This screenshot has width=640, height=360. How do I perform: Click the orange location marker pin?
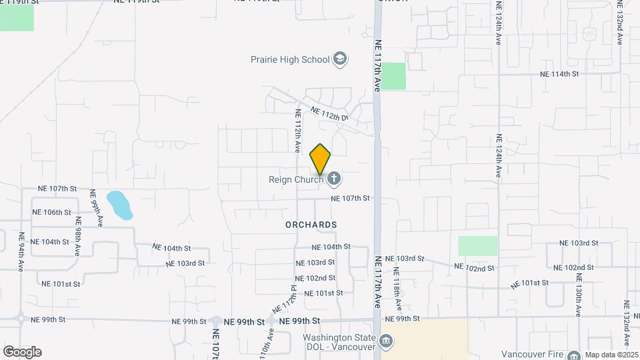321,159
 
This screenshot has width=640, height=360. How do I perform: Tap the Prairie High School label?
290,59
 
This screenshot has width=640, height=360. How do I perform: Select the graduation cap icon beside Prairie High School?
340,59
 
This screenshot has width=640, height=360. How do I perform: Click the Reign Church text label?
296,179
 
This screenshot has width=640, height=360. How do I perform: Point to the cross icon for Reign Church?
334,178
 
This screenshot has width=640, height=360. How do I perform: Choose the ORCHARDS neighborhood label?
311,225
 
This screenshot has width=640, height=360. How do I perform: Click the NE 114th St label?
559,73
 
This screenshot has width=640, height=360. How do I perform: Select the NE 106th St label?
51,212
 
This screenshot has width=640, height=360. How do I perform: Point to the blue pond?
120,205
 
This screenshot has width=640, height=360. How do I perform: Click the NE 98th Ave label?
78,237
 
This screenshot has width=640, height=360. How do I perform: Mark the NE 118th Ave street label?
397,289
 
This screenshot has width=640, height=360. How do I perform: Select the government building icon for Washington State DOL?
386,342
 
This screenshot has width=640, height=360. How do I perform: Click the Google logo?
22,351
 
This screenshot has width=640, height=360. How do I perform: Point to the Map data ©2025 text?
612,355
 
